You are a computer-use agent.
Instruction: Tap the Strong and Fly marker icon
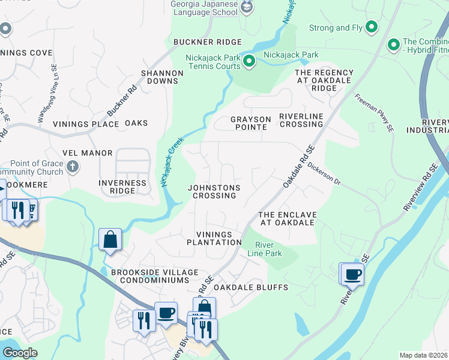pos(372,27)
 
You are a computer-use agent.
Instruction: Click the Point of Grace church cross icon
pos(72,166)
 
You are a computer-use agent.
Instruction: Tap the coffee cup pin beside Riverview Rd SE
pos(352,275)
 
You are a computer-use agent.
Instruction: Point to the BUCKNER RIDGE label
pos(208,42)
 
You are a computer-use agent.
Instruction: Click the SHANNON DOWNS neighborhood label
pos(162,77)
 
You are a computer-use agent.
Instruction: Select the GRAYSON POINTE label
pos(250,123)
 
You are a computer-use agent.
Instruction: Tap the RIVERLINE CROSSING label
pos(301,120)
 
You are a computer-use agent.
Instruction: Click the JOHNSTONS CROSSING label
pos(214,191)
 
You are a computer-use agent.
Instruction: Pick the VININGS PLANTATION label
pos(214,238)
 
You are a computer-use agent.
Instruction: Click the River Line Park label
pos(264,249)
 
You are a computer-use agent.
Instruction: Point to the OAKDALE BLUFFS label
pos(251,287)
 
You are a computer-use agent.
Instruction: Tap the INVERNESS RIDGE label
pos(122,187)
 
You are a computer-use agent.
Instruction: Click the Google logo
pos(20,353)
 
